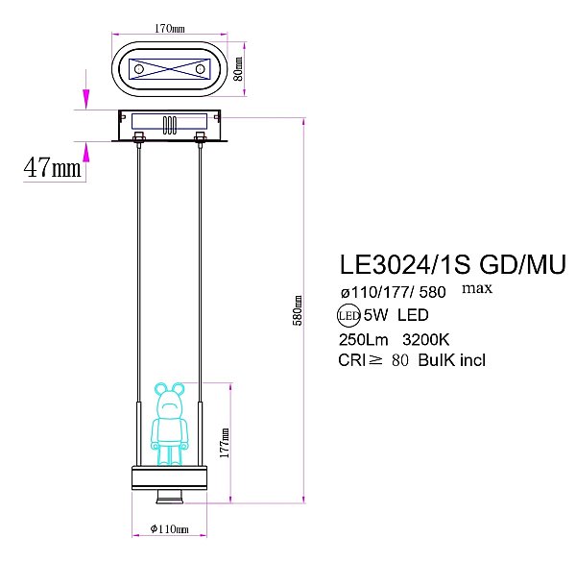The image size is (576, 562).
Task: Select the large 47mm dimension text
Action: click(x=52, y=167)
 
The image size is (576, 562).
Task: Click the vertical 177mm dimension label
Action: click(x=223, y=442)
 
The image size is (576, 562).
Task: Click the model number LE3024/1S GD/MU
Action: click(x=452, y=264)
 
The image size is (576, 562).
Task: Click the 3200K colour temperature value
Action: click(x=427, y=338)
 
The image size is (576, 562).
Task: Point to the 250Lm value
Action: click(x=363, y=338)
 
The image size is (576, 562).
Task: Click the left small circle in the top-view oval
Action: click(x=138, y=70)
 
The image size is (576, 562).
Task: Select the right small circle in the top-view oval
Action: click(x=200, y=70)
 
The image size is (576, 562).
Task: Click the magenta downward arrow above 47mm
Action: click(x=86, y=99)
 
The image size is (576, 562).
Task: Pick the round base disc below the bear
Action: click(x=169, y=478)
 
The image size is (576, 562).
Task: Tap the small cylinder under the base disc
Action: click(x=169, y=497)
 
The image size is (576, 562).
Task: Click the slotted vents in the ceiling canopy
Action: click(x=169, y=125)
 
